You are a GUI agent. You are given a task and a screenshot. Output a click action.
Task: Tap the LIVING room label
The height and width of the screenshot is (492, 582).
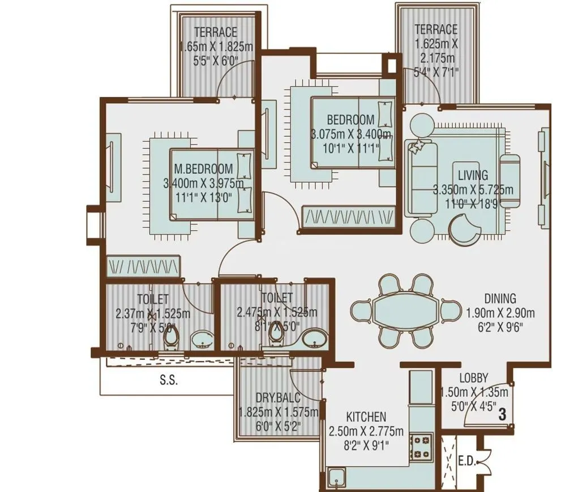tap(473, 176)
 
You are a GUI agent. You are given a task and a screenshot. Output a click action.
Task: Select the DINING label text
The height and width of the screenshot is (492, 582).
tap(499, 298)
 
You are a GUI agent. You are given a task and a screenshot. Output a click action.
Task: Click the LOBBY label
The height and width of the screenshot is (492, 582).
tap(473, 378)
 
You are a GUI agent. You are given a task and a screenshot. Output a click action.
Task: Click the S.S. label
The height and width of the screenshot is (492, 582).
tap(168, 381)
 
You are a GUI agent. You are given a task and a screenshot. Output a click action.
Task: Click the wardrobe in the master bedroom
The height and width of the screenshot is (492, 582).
tap(143, 265)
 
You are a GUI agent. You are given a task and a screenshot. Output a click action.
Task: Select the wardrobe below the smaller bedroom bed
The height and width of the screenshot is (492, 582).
tap(348, 216)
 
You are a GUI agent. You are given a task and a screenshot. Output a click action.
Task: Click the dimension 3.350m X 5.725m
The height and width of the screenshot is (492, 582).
tap(473, 190)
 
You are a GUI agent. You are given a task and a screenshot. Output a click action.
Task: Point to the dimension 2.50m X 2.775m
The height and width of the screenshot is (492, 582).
tap(366, 431)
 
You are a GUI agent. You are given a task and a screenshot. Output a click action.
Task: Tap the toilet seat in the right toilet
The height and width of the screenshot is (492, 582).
tap(277, 334)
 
